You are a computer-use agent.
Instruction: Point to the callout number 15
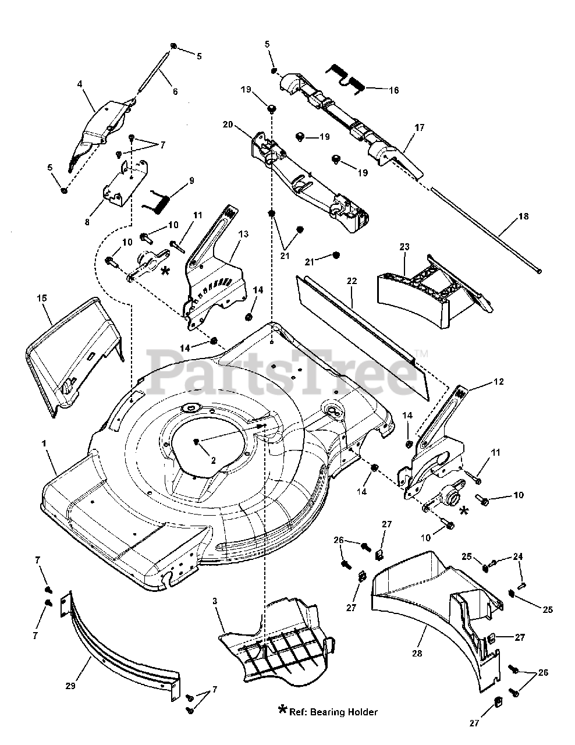coord(41,297)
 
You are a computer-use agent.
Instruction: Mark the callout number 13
coord(243,233)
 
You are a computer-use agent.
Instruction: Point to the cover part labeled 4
coord(105,119)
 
